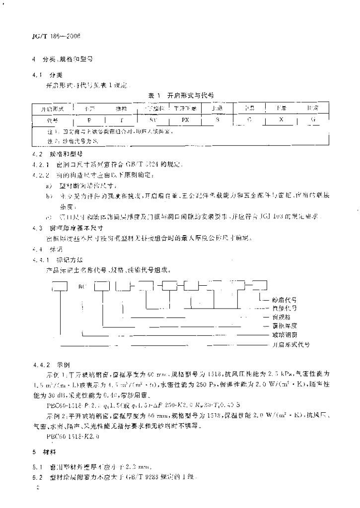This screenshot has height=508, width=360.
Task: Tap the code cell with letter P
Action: [89, 120]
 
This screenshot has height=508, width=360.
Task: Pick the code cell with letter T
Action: [122, 120]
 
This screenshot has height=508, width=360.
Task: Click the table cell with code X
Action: [281, 120]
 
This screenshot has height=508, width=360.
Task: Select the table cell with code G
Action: [312, 120]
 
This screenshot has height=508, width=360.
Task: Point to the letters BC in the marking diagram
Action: [82, 286]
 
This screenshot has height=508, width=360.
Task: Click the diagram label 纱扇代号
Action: [285, 300]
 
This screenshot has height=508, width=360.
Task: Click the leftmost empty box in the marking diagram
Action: [60, 286]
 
